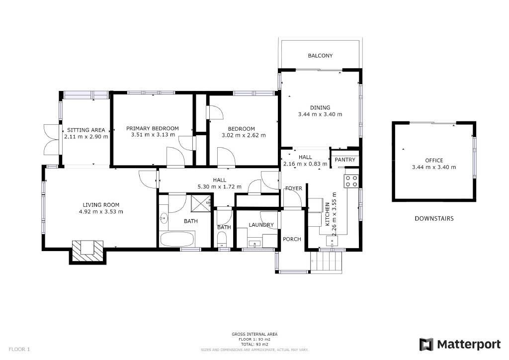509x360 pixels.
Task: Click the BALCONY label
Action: click(x=320, y=56)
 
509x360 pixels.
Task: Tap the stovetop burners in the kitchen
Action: click(x=351, y=181)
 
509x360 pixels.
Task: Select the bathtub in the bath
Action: click(x=177, y=239)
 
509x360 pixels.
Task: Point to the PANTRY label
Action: click(x=345, y=160)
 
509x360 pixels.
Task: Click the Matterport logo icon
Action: click(x=426, y=345)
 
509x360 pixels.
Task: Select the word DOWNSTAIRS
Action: click(x=434, y=218)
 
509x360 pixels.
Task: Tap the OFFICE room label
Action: click(x=434, y=161)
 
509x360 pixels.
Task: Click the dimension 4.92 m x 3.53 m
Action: click(x=101, y=212)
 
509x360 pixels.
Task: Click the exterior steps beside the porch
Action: click(x=326, y=261)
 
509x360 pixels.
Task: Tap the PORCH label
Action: click(x=292, y=239)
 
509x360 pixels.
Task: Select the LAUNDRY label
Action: click(x=261, y=225)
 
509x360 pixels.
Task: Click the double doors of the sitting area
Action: click(x=51, y=140)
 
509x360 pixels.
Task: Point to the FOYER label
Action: click(x=293, y=188)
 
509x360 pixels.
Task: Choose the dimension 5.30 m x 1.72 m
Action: click(x=219, y=186)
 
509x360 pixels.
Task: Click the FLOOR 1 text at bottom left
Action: click(x=19, y=349)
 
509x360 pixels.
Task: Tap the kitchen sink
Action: click(x=332, y=241)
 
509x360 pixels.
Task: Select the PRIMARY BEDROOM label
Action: click(x=152, y=129)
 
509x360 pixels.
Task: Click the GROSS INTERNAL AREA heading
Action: click(x=254, y=334)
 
